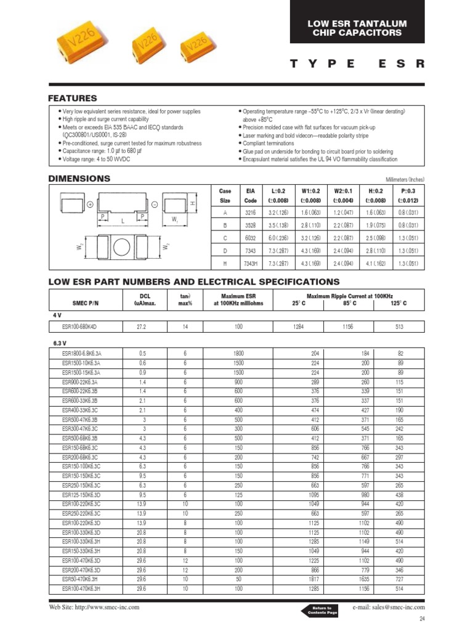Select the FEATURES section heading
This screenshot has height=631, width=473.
[x=73, y=99]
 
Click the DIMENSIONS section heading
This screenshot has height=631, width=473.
[x=79, y=179]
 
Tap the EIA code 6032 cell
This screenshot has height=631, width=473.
[x=250, y=237]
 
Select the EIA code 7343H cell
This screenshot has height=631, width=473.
[x=250, y=264]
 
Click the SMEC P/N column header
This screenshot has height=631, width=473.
[x=82, y=303]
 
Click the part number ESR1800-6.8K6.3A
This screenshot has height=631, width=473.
[x=82, y=353]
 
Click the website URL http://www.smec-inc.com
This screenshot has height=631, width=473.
[x=94, y=608]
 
